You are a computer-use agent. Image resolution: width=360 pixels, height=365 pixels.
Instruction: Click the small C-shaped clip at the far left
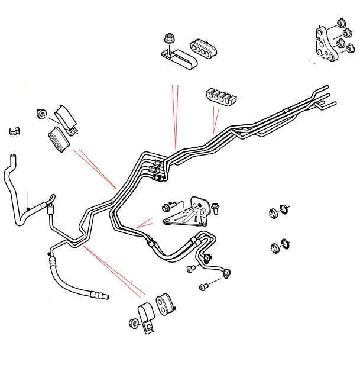[15, 131]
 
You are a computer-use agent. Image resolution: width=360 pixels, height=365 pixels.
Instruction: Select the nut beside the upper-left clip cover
[41, 112]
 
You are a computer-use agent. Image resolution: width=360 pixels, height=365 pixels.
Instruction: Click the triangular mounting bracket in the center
[186, 214]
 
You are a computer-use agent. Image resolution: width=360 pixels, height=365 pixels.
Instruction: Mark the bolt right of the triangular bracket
[215, 207]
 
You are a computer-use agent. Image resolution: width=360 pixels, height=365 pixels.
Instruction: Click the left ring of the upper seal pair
[274, 213]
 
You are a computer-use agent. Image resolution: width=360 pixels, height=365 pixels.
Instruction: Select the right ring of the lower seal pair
[286, 244]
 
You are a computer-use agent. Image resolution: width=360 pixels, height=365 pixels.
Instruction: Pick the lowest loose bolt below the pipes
[204, 287]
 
